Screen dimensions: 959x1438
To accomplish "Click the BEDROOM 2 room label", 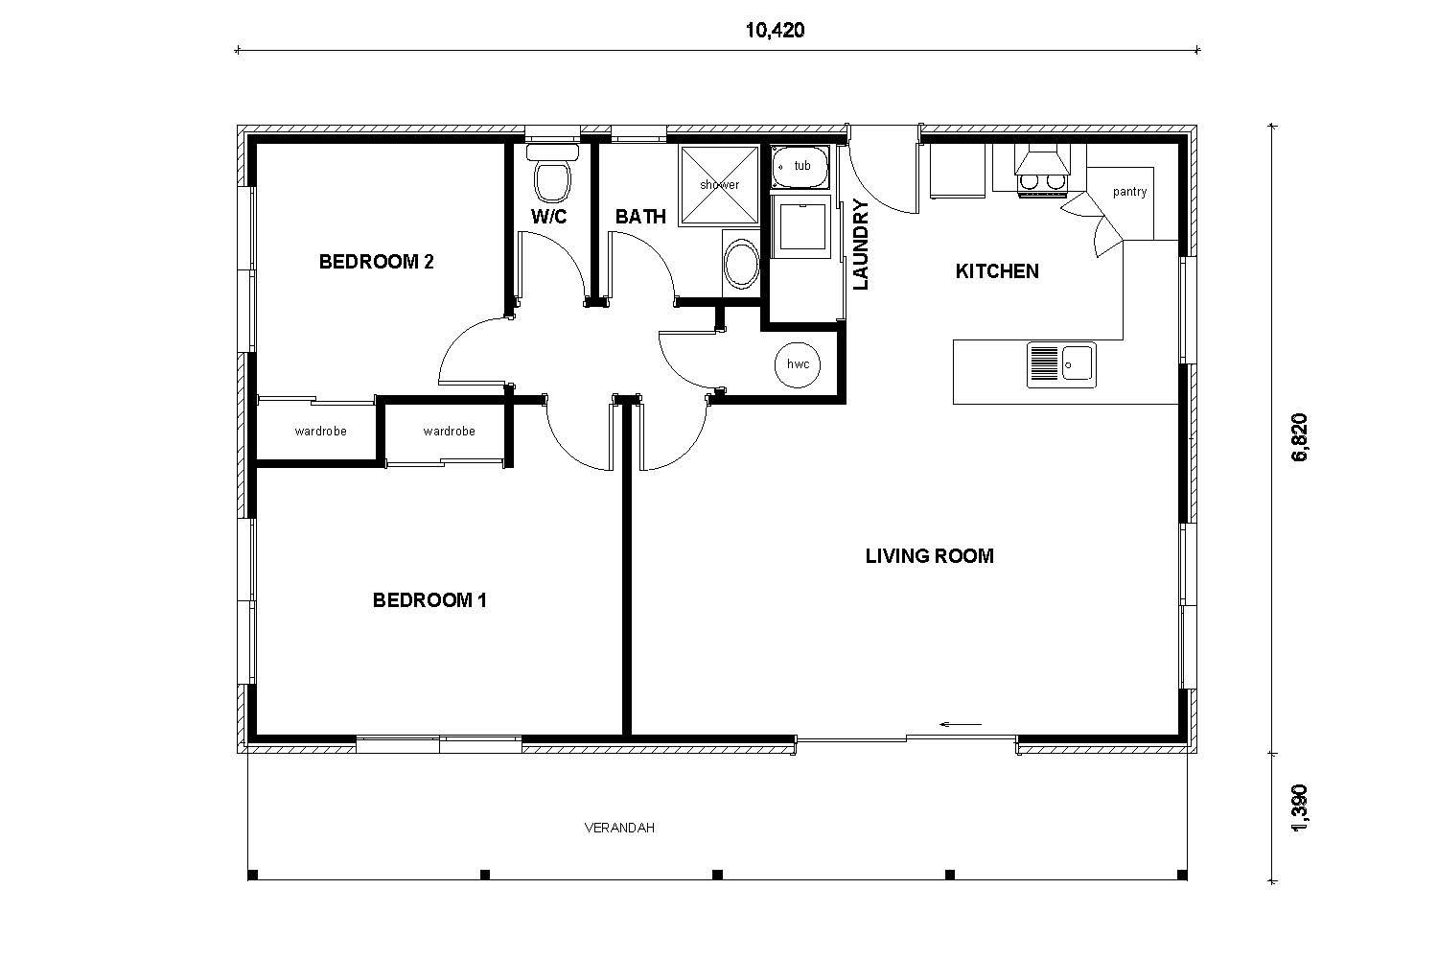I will tap(376, 262).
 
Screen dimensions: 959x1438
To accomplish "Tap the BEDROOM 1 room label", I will tap(429, 600).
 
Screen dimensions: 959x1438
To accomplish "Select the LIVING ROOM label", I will tap(929, 556).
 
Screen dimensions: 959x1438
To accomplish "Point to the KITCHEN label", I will tap(997, 271).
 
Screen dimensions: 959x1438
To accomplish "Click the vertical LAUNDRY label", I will tap(860, 245).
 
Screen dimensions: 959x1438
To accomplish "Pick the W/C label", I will tap(548, 217).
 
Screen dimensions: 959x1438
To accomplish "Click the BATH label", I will tap(640, 217).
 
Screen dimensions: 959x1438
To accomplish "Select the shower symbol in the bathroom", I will tap(719, 185).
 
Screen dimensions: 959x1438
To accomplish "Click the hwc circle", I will tap(798, 364).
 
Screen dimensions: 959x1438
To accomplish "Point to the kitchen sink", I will tap(1062, 364).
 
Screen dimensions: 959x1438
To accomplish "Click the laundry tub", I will tap(801, 166).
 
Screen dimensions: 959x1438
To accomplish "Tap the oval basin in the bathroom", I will tap(739, 265).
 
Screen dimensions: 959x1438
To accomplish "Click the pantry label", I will tap(1129, 192).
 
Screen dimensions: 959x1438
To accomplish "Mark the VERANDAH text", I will tap(619, 828).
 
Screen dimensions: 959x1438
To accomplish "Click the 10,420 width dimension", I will tap(775, 30).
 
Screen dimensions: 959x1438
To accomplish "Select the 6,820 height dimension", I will tap(1300, 438).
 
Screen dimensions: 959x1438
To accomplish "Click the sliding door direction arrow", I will tap(961, 724).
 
